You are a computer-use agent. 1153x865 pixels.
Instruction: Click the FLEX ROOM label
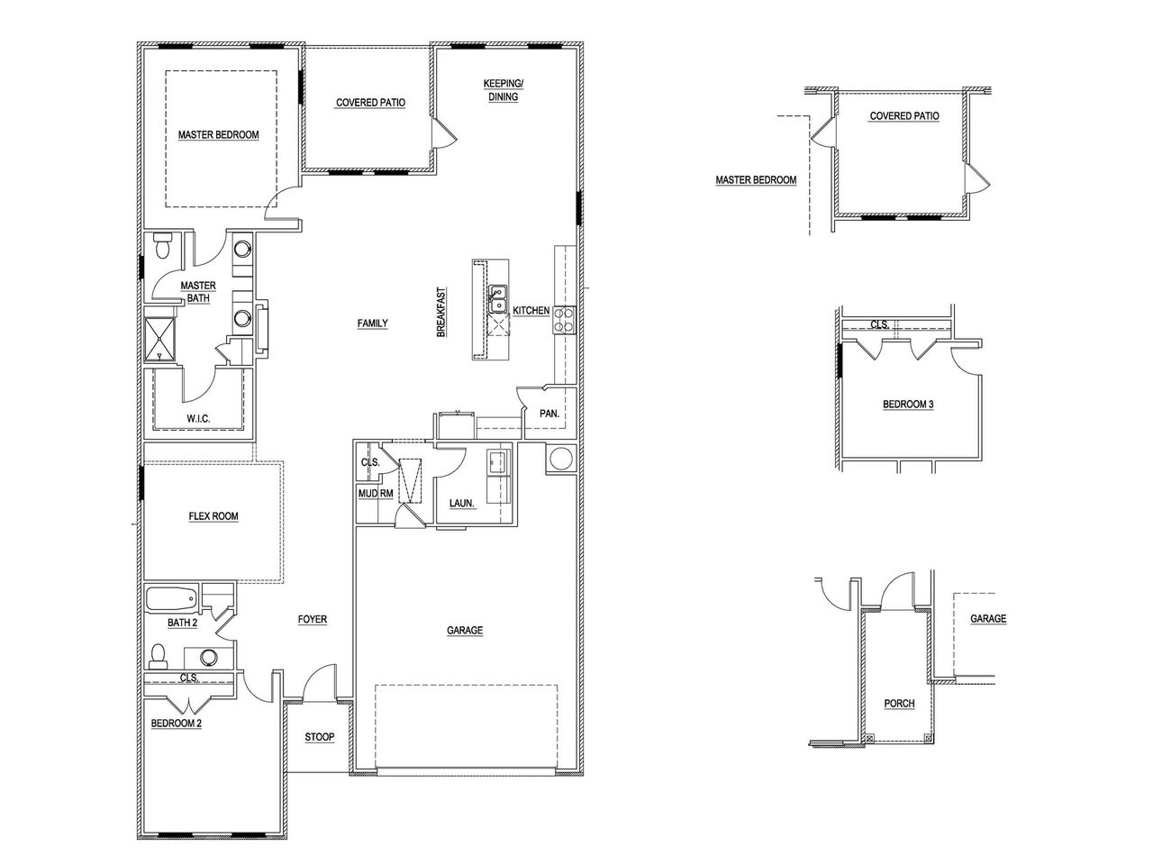213,516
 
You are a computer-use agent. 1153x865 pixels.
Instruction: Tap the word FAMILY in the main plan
372,323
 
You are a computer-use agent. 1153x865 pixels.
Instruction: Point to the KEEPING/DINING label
504,90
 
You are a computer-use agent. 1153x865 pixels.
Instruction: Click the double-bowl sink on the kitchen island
497,299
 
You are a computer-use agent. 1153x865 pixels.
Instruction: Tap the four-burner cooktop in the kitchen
564,320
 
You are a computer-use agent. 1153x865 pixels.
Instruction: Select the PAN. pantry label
549,414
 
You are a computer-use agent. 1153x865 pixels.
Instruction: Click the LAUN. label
462,505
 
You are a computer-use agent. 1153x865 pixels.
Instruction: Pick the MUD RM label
375,493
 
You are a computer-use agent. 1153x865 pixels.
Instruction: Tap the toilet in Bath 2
159,654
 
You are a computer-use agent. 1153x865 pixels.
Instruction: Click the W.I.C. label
199,418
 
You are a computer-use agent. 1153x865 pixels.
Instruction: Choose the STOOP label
319,737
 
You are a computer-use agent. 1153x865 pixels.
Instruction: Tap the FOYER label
313,619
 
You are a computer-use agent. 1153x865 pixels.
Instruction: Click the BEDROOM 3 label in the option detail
907,405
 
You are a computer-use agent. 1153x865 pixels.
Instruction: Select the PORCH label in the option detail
899,704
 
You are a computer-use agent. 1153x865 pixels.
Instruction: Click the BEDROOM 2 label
176,722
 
